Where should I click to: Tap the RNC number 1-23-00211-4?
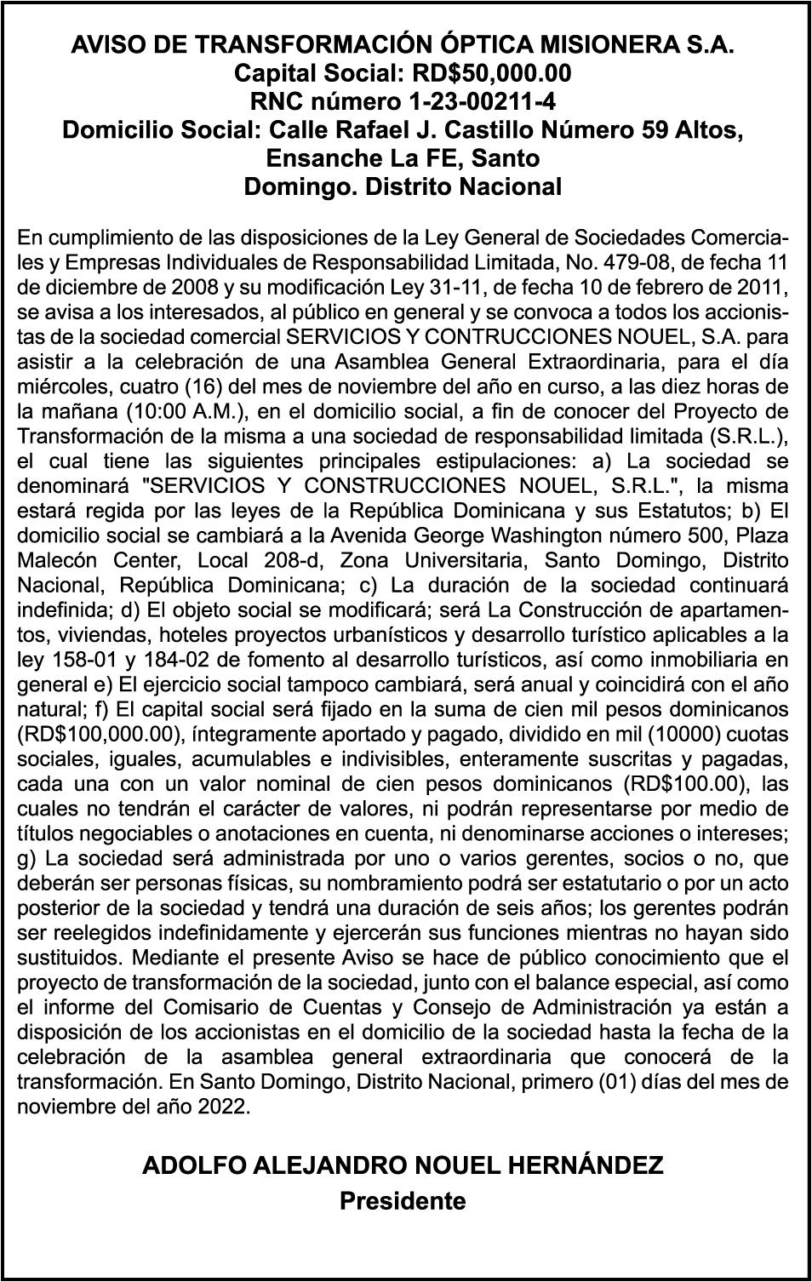483,102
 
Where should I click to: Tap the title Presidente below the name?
403,1201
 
